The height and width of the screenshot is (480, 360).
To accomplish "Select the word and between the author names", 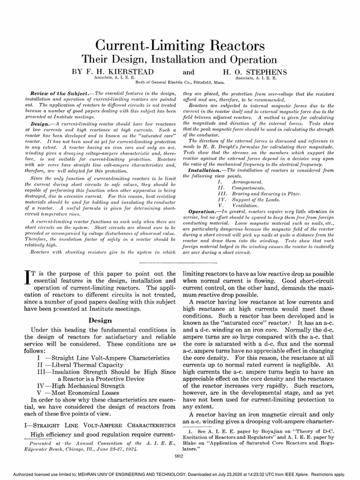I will pos(188,73).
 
